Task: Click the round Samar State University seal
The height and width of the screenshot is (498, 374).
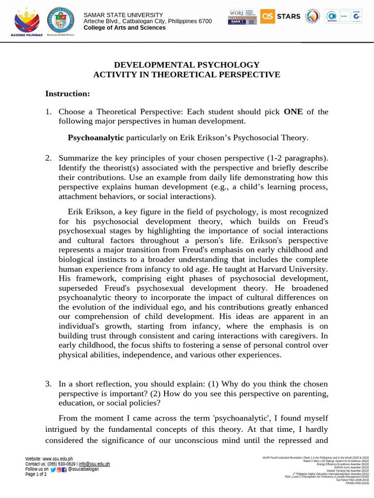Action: [x=61, y=22]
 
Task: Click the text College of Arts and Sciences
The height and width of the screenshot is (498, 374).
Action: [x=125, y=28]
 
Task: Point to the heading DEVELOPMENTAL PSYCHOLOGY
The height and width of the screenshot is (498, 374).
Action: [x=187, y=65]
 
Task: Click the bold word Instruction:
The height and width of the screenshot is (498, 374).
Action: [x=67, y=93]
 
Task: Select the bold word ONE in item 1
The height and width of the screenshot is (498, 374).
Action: [x=293, y=111]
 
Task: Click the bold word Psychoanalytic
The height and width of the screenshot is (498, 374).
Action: [x=96, y=138]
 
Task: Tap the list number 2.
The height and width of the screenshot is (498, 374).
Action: [x=48, y=158]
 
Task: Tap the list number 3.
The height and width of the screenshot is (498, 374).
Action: [x=48, y=384]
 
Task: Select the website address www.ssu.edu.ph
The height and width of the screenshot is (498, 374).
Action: [x=57, y=459]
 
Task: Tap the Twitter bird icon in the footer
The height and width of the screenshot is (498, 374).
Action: [x=53, y=469]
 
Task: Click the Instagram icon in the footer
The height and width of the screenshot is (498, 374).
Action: [x=59, y=469]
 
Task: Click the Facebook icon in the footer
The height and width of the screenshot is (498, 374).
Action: [x=64, y=469]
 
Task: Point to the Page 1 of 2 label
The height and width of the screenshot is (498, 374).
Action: [x=36, y=474]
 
